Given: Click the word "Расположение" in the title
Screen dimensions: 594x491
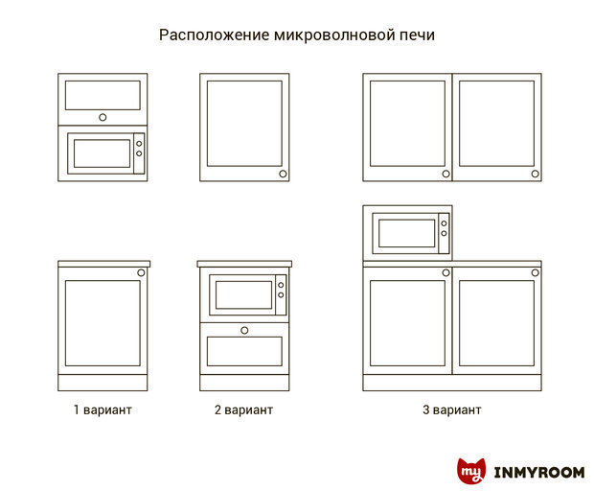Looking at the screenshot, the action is click(214, 35).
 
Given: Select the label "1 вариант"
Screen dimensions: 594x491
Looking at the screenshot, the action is click(103, 409).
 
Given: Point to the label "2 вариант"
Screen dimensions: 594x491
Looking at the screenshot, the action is click(243, 409).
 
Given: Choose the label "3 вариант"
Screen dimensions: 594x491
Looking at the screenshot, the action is click(452, 409).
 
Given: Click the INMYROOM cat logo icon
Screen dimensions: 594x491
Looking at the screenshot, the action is click(471, 471).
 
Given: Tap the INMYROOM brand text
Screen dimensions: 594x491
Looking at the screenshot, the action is click(539, 473).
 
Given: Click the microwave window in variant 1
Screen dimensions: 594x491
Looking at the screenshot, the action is click(102, 153).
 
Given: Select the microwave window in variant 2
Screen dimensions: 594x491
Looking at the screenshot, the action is click(243, 294).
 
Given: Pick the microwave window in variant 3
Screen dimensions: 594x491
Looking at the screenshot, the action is click(406, 233).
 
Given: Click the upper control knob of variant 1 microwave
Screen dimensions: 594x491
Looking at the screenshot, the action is click(139, 144).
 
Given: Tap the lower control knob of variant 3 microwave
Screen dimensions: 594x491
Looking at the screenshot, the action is click(444, 233).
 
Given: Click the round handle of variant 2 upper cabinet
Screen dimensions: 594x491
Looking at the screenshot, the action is click(283, 174).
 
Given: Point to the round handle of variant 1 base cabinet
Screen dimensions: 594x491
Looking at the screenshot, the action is click(141, 272).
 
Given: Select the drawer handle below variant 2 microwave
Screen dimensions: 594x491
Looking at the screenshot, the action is click(244, 330).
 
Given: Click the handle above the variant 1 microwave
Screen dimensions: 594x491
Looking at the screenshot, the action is click(103, 118).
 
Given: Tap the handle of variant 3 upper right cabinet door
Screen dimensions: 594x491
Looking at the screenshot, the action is click(535, 174).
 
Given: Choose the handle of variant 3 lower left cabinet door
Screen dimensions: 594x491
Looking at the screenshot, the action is click(445, 272).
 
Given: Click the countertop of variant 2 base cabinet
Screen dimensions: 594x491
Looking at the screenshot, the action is click(244, 264).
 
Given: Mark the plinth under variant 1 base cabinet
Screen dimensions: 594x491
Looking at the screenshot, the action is click(103, 383).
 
